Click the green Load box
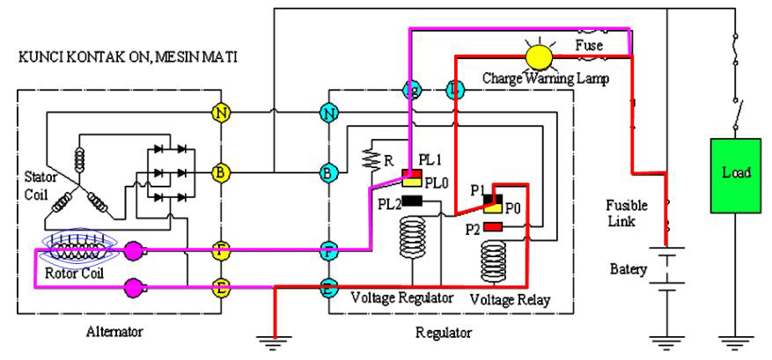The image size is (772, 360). point(735,174)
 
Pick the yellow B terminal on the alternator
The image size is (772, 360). point(221,173)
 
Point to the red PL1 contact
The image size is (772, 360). point(411,173)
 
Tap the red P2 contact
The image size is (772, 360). point(493,228)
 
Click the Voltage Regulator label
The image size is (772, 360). point(403,298)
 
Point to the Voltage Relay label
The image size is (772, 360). point(510,299)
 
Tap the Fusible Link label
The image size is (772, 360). point(627,212)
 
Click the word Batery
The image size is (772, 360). point(629,266)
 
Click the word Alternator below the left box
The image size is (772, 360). point(114,332)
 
